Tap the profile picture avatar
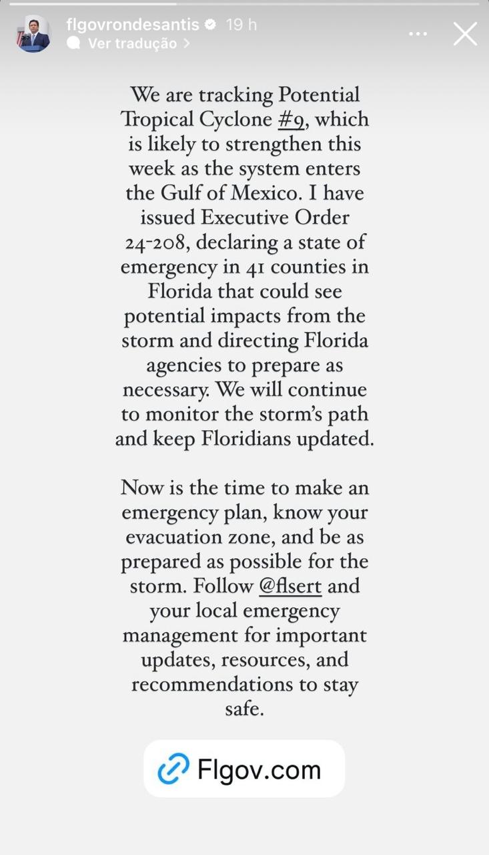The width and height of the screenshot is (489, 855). click(x=33, y=34)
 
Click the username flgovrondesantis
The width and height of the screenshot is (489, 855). click(x=133, y=25)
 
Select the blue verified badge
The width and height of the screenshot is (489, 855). click(x=210, y=25)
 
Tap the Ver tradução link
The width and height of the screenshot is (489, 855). click(x=133, y=43)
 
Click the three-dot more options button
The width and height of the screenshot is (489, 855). click(x=418, y=33)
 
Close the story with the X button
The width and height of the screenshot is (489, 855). click(x=465, y=33)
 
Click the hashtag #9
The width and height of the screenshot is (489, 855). click(x=294, y=120)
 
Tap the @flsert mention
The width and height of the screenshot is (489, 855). click(x=290, y=586)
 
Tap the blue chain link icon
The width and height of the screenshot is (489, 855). click(x=173, y=769)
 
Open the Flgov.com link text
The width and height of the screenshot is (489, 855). click(x=260, y=769)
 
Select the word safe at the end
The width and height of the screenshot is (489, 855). click(x=244, y=709)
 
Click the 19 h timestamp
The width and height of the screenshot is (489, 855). click(x=241, y=25)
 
